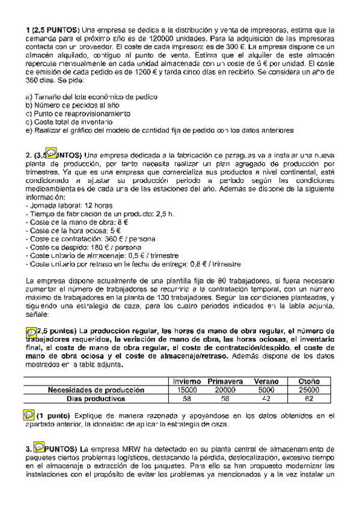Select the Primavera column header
point(225,381)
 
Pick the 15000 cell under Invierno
point(187,390)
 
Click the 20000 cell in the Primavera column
point(225,390)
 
